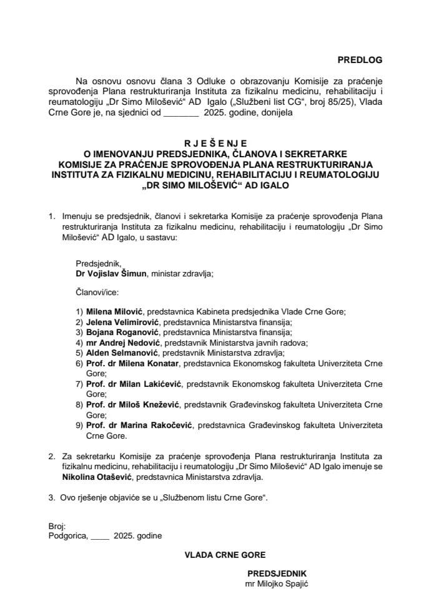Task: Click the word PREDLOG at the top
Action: [x=358, y=60]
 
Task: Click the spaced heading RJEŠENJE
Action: [x=212, y=142]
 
